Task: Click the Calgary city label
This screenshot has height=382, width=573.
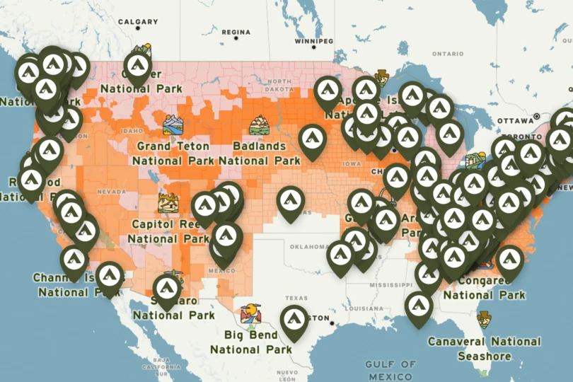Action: [138, 22]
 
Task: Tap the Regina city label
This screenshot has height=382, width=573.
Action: [236, 33]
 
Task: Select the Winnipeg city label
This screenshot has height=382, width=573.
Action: [313, 42]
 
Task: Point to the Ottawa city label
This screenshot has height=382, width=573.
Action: [514, 121]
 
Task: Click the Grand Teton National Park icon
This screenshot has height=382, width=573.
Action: [173, 125]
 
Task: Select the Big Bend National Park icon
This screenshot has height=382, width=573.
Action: [250, 313]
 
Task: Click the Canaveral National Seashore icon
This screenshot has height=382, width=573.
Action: [485, 319]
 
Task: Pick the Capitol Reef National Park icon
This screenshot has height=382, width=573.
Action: [168, 202]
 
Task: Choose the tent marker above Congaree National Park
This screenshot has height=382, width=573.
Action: [509, 260]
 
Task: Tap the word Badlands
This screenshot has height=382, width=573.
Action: [259, 146]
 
